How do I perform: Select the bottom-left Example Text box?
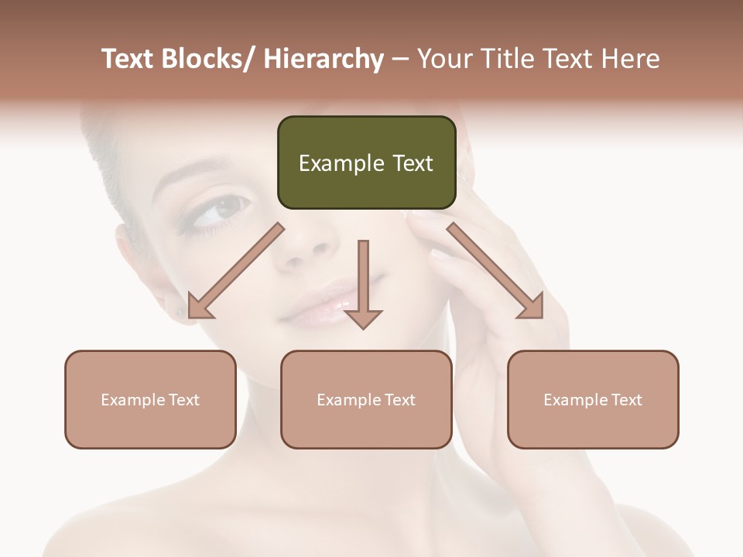pos(150,399)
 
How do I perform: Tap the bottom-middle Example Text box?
pos(366,399)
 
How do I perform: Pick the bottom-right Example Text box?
pos(593,399)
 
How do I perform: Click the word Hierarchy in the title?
pos(324,59)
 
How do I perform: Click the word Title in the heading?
pos(502,59)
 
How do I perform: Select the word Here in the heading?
pos(631,59)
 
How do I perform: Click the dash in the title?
pos(400,59)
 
